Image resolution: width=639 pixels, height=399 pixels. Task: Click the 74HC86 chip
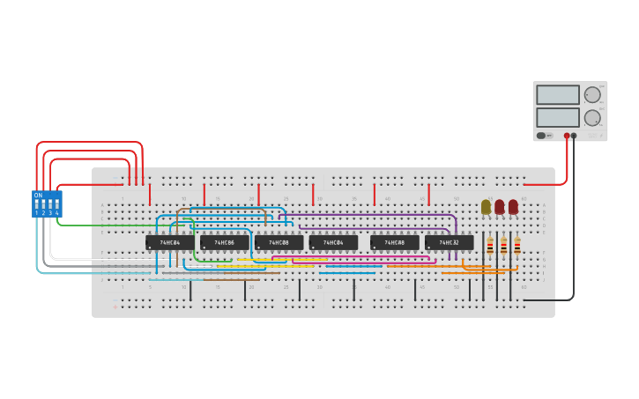tap(224, 242)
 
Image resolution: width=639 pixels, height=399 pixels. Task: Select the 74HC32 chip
tap(449, 242)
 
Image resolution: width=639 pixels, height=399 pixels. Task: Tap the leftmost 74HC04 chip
tap(169, 242)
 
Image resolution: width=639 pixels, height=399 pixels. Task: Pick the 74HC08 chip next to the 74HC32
tap(394, 242)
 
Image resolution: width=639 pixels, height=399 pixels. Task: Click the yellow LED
tap(486, 206)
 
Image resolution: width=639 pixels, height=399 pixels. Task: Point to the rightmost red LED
tap(513, 206)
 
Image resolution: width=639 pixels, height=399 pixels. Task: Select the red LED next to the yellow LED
tap(500, 206)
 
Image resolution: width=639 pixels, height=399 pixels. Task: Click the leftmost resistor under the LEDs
tap(490, 246)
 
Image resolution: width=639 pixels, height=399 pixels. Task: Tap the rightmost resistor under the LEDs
tap(517, 246)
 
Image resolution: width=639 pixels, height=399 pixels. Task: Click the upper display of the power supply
tap(557, 94)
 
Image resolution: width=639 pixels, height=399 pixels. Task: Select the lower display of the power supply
tap(557, 117)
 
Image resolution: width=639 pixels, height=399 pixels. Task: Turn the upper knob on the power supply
tap(592, 94)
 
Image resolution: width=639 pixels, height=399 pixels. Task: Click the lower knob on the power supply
tap(592, 117)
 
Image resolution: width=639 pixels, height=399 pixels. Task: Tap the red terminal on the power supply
tap(567, 136)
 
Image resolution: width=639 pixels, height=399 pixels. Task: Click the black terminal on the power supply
tap(574, 136)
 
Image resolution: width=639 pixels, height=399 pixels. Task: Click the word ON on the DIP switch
tap(38, 196)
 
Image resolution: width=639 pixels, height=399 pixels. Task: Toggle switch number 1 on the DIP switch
tap(37, 205)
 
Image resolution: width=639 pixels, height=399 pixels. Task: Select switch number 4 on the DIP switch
tap(57, 205)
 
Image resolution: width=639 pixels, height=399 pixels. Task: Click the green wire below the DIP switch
tap(106, 225)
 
